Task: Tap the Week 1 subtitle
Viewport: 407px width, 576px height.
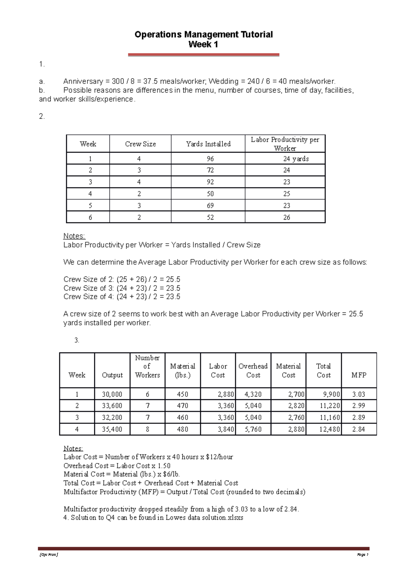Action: (x=203, y=44)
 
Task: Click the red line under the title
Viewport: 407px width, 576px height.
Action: (x=203, y=55)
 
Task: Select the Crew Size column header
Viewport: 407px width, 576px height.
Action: (x=140, y=144)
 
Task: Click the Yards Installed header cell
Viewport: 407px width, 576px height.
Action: (x=208, y=144)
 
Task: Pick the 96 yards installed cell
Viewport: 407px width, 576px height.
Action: (x=210, y=159)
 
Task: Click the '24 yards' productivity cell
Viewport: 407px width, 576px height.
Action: (x=296, y=159)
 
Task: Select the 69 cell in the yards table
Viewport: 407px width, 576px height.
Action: (x=210, y=206)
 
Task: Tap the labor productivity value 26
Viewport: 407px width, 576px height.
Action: (x=287, y=217)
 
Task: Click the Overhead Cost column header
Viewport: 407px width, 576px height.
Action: (x=253, y=370)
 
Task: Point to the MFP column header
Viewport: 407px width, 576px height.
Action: (x=359, y=375)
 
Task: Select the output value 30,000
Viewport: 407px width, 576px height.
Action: (x=112, y=394)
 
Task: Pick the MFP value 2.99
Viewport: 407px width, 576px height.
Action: (x=358, y=406)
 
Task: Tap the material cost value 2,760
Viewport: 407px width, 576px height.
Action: (x=296, y=418)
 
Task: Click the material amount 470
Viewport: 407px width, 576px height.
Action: (x=182, y=406)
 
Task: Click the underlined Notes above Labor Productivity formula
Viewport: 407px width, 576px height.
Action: (x=74, y=236)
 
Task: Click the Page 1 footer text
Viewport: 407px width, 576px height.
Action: (x=362, y=555)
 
